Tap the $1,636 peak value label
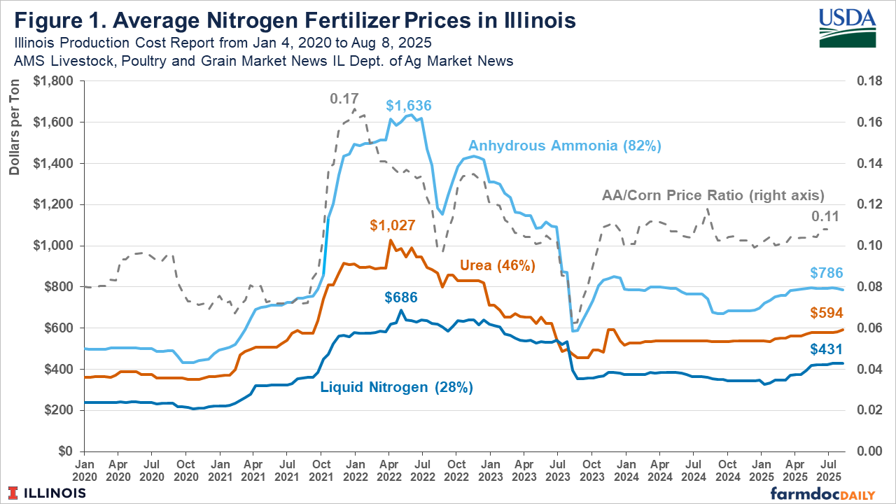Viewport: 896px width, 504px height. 409,106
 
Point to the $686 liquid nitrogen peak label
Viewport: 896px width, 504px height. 402,297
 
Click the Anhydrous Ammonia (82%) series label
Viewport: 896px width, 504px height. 564,146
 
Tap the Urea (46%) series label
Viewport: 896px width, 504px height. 497,266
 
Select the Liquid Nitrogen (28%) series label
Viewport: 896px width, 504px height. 396,387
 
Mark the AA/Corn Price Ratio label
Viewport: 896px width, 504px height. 713,195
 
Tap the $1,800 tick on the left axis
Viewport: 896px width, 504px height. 56,81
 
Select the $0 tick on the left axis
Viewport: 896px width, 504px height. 65,451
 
